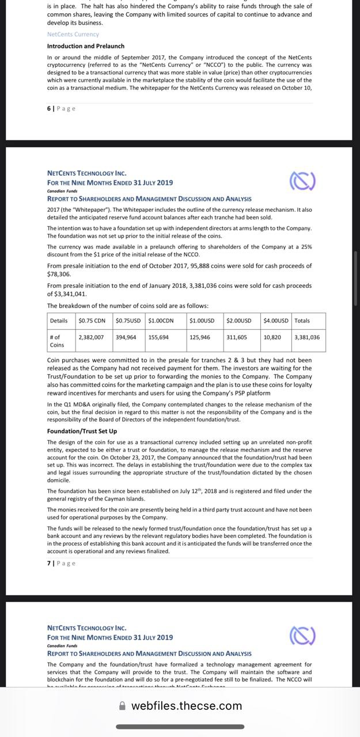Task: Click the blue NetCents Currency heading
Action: [73, 34]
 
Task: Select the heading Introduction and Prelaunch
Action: [86, 46]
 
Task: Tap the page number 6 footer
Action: [61, 109]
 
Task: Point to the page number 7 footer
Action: [61, 563]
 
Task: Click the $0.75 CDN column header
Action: [92, 320]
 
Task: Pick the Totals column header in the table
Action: [302, 320]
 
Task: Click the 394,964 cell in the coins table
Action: [126, 337]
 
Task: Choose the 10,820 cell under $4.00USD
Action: [272, 337]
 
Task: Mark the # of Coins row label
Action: [58, 341]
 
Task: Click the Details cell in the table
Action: [59, 320]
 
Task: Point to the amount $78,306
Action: [59, 275]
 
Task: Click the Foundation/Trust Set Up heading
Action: [82, 431]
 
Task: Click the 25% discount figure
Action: [306, 246]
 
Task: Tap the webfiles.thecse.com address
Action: [187, 705]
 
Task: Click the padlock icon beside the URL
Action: [122, 705]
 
